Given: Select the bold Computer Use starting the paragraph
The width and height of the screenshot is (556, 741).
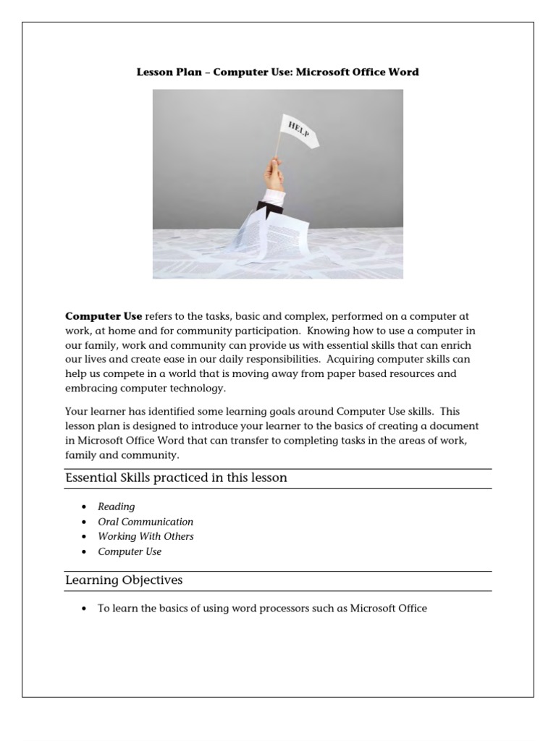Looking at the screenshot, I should point(104,316).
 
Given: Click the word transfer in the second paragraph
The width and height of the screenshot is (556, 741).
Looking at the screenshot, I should point(270,441).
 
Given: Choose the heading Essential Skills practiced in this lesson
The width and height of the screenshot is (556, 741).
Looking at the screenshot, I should point(176,478).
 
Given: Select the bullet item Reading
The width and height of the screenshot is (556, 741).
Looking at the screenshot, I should point(116,507).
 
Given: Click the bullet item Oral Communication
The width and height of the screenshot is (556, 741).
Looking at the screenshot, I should point(146,521).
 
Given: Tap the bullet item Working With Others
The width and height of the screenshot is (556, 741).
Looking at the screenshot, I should point(146,536).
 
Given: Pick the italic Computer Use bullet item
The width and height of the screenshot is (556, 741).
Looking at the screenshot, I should point(130,551).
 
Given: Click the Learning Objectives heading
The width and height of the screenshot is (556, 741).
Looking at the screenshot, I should point(124,580).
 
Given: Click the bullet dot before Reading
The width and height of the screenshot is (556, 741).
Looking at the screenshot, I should point(85,507).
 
